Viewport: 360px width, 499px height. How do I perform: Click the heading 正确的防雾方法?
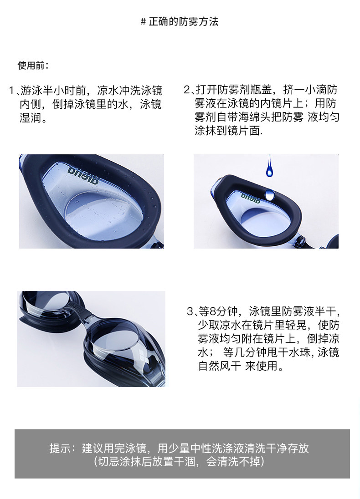pyautogui.click(x=184, y=22)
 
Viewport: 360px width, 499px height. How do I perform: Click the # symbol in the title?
pyautogui.click(x=144, y=22)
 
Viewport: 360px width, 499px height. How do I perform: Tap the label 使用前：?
pyautogui.click(x=33, y=66)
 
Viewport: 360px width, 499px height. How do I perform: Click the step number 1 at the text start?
pyautogui.click(x=12, y=91)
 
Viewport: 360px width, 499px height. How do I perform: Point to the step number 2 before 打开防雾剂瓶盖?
pyautogui.click(x=187, y=90)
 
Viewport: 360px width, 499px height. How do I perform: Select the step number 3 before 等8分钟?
pyautogui.click(x=190, y=311)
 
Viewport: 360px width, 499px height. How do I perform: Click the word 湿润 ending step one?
pyautogui.click(x=31, y=118)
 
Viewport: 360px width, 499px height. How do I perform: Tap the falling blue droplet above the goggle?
pyautogui.click(x=269, y=166)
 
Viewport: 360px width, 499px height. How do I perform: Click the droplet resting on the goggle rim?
pyautogui.click(x=270, y=194)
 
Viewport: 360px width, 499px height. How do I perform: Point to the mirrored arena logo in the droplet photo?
pyautogui.click(x=251, y=198)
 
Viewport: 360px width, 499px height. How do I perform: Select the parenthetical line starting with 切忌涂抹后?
pyautogui.click(x=179, y=462)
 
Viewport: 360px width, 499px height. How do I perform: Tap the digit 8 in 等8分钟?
pyautogui.click(x=213, y=311)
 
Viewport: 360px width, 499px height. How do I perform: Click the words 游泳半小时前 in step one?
pyautogui.click(x=53, y=91)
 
